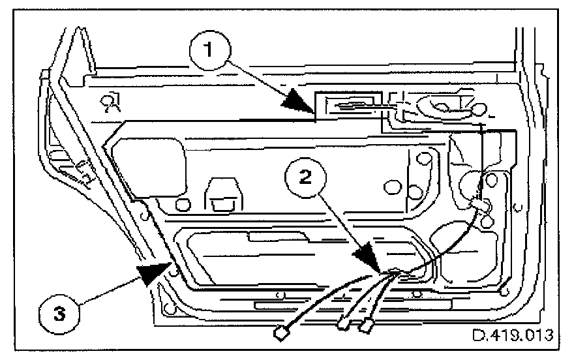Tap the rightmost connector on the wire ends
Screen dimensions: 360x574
(369, 323)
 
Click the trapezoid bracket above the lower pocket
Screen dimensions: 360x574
(223, 194)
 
